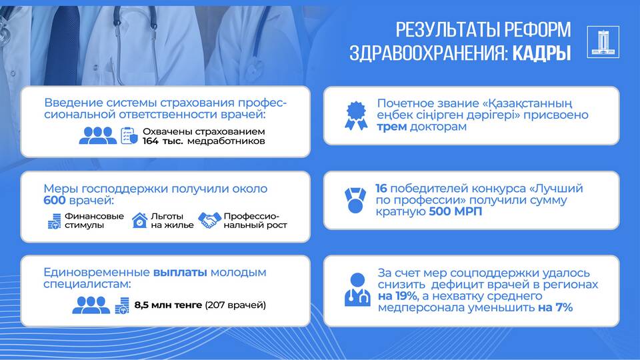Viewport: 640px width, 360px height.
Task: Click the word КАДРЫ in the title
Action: click(x=541, y=53)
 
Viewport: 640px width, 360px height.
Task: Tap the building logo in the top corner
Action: click(x=603, y=41)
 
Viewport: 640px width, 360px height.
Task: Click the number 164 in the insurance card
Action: click(x=150, y=141)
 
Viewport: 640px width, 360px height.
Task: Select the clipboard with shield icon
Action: click(x=129, y=135)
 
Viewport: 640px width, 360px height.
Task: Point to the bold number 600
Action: click(x=54, y=201)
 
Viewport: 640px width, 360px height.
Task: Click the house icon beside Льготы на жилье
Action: click(x=139, y=221)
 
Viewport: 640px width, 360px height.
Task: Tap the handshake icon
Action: click(x=209, y=221)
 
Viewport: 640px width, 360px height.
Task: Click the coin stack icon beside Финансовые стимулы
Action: click(x=54, y=221)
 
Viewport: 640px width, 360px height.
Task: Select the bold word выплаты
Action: click(x=181, y=272)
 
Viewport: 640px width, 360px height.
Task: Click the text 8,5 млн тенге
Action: click(x=168, y=305)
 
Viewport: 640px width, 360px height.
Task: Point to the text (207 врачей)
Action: click(x=235, y=305)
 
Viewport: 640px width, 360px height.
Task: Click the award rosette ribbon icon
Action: click(x=356, y=115)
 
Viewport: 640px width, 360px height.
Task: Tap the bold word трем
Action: click(x=392, y=127)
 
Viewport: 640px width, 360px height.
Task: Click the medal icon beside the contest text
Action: click(x=355, y=200)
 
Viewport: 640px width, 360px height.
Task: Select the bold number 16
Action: click(x=381, y=189)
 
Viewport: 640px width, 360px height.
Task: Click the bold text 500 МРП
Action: click(x=455, y=211)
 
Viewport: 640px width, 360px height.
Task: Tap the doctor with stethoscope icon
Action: click(x=357, y=289)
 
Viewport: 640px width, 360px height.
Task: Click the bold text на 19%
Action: click(x=398, y=296)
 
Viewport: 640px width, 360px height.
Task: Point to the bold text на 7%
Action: click(x=555, y=307)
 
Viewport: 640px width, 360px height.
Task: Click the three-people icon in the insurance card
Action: click(x=97, y=135)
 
